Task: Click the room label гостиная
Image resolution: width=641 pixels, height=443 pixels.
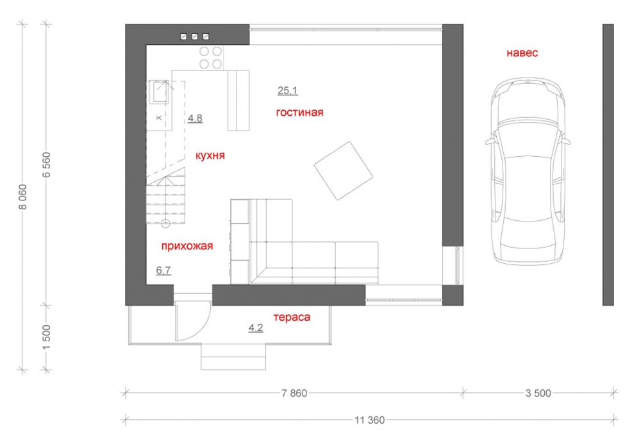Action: pyautogui.click(x=299, y=112)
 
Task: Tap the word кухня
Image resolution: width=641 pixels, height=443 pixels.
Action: pyautogui.click(x=210, y=156)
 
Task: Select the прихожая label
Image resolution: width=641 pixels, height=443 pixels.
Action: pyautogui.click(x=187, y=246)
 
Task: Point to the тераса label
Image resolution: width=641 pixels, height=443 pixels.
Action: pyautogui.click(x=292, y=318)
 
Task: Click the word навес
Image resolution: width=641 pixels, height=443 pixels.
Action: pyautogui.click(x=522, y=52)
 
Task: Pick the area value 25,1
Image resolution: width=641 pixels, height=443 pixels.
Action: pyautogui.click(x=287, y=91)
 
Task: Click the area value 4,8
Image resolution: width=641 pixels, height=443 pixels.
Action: pyautogui.click(x=195, y=118)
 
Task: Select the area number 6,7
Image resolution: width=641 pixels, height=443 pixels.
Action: pyautogui.click(x=163, y=270)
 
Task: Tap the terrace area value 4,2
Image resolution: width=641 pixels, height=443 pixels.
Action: pyautogui.click(x=256, y=328)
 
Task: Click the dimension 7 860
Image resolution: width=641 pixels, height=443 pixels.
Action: pyautogui.click(x=294, y=393)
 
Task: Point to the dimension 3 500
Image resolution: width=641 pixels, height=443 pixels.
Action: pyautogui.click(x=538, y=393)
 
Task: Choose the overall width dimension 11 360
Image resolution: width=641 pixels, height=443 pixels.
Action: pyautogui.click(x=370, y=420)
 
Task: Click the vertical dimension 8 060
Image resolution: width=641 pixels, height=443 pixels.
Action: pyautogui.click(x=23, y=197)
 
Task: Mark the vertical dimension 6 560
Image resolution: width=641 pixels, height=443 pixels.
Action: pyautogui.click(x=47, y=165)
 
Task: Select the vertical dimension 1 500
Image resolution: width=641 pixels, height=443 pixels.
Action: pyautogui.click(x=47, y=337)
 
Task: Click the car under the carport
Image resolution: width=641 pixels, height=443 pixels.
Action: pyautogui.click(x=528, y=172)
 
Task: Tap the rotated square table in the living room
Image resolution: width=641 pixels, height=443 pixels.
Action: pyautogui.click(x=344, y=171)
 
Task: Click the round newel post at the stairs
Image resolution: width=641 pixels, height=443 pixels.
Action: pyautogui.click(x=165, y=223)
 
